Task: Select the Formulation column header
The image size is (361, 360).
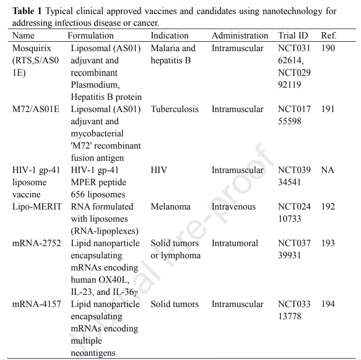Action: pos(90,36)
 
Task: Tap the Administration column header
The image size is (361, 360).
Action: pos(240,36)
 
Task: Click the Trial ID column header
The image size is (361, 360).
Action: pos(293,36)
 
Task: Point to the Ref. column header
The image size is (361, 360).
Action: pos(329,36)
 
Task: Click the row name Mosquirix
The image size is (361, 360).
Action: pos(31,48)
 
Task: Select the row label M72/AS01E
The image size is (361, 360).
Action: pos(36,109)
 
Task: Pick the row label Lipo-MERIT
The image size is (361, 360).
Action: pos(37,207)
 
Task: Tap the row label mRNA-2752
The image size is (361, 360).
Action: pos(37,243)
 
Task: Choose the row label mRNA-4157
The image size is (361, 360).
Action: pos(37,304)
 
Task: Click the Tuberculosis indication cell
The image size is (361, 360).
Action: pos(174,109)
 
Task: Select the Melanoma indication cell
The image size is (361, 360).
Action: pos(170,207)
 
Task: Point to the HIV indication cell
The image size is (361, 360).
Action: pos(159,170)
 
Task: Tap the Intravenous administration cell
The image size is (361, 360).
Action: pos(233,207)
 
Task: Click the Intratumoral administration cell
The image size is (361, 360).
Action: pos(234,243)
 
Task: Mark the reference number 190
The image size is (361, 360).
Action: pos(328,48)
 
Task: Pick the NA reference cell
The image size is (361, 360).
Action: pos(328,170)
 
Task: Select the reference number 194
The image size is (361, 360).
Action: pos(328,304)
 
